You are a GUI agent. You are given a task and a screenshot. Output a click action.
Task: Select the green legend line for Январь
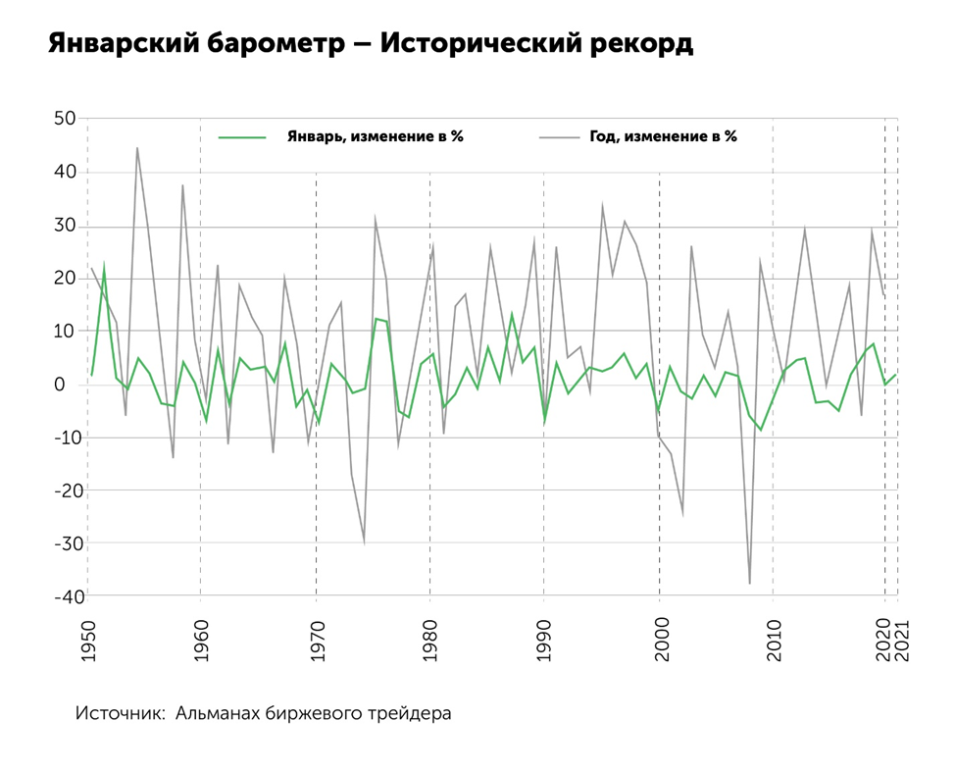click(242, 137)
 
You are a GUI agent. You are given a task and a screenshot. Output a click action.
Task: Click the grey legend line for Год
click(561, 137)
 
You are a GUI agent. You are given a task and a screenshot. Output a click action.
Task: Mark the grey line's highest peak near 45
click(137, 148)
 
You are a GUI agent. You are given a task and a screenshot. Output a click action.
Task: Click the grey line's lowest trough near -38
click(750, 584)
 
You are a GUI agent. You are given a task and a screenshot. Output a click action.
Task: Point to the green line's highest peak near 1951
click(104, 265)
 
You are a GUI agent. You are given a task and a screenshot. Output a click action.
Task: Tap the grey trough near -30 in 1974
click(364, 541)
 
